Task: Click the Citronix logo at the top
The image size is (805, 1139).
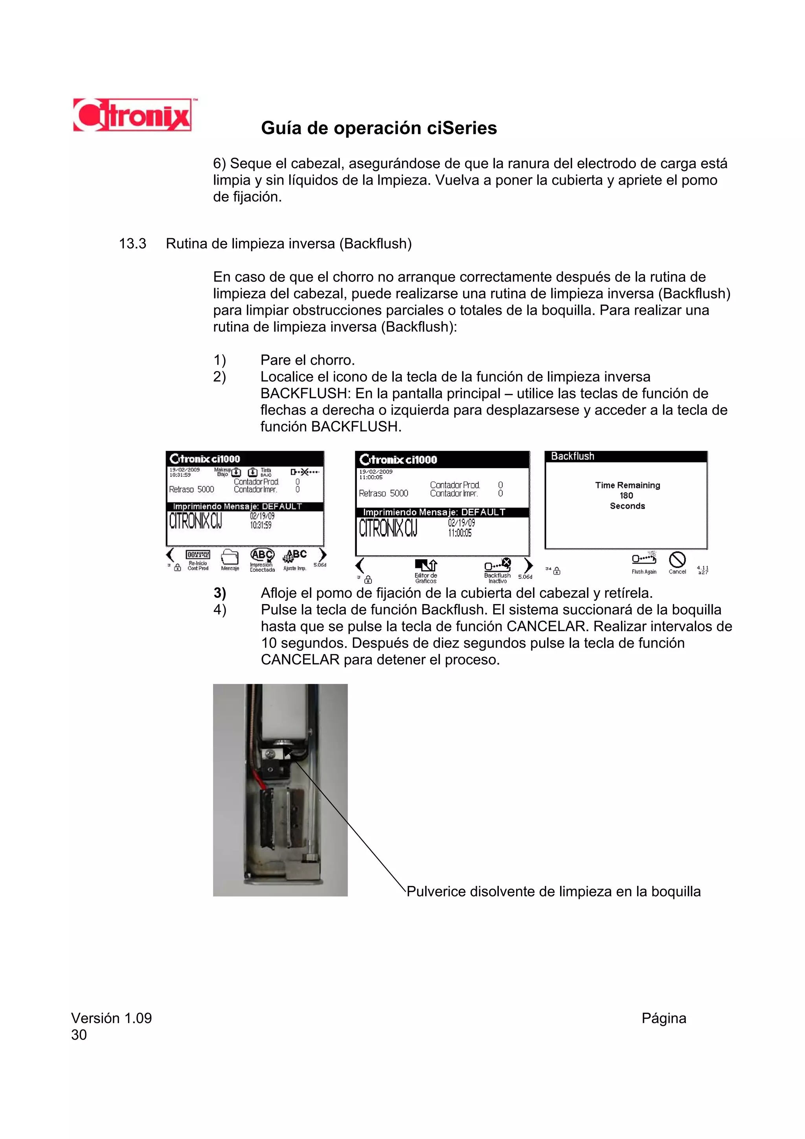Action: (x=133, y=115)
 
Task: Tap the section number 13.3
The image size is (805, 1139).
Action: (x=132, y=244)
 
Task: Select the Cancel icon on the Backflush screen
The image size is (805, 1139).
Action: (x=677, y=560)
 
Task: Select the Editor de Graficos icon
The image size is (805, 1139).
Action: (x=426, y=566)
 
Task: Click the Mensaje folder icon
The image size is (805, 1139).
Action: (x=230, y=557)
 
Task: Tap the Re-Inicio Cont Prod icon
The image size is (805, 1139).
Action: (x=197, y=555)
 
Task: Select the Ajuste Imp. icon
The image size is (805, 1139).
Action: (x=295, y=556)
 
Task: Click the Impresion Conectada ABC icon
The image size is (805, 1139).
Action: (x=262, y=555)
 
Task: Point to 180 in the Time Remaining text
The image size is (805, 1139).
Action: (x=627, y=496)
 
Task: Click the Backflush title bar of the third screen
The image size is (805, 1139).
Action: (x=625, y=456)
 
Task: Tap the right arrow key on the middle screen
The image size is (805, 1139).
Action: (x=529, y=565)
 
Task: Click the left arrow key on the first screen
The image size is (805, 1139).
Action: (x=170, y=555)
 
